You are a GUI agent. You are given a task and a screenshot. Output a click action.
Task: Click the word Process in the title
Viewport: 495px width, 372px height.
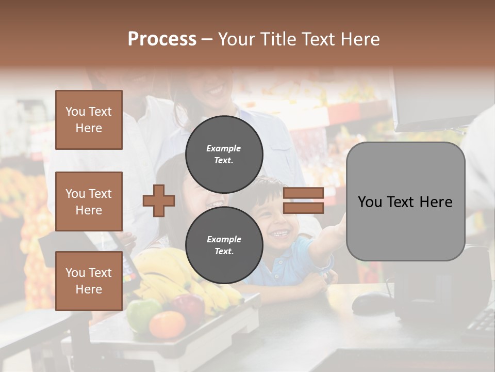click(162, 39)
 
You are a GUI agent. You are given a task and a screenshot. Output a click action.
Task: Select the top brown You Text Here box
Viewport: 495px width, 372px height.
click(89, 120)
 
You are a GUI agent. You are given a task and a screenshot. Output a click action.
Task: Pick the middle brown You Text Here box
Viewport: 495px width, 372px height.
click(89, 202)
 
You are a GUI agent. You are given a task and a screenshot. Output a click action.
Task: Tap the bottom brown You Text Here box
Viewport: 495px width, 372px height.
click(89, 281)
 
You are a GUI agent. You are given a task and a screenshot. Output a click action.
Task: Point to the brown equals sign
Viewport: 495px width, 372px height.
click(303, 200)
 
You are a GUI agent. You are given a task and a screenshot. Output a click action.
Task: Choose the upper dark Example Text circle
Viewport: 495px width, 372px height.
click(224, 154)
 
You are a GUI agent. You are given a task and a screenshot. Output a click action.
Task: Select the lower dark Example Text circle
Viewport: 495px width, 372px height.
click(224, 245)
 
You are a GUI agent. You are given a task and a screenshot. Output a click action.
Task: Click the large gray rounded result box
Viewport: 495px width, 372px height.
click(405, 202)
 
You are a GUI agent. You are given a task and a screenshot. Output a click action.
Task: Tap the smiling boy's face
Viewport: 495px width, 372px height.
click(276, 217)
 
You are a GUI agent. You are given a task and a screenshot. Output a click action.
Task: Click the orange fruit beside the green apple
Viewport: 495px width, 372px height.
click(167, 324)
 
